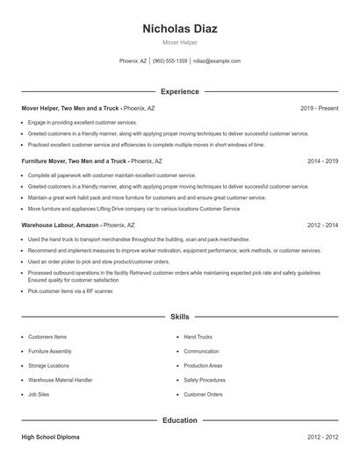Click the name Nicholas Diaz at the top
[x=180, y=28]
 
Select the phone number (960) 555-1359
[x=169, y=61]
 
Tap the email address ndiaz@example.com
[x=217, y=61]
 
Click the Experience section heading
[x=180, y=91]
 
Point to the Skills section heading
[x=180, y=316]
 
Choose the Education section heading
[x=180, y=420]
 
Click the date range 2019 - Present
[x=319, y=108]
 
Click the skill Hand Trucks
[x=198, y=337]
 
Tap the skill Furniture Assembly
[x=50, y=351]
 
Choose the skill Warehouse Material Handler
[x=60, y=380]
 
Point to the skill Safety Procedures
[x=205, y=380]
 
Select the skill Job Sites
[x=39, y=395]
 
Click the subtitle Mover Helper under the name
[x=180, y=41]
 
